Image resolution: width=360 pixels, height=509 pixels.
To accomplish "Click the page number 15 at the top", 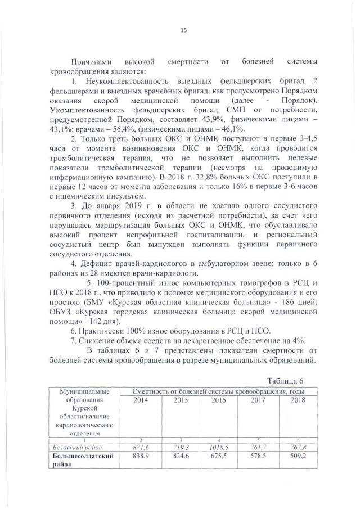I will click(x=183, y=30).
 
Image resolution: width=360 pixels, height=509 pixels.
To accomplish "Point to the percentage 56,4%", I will click(x=103, y=129).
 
